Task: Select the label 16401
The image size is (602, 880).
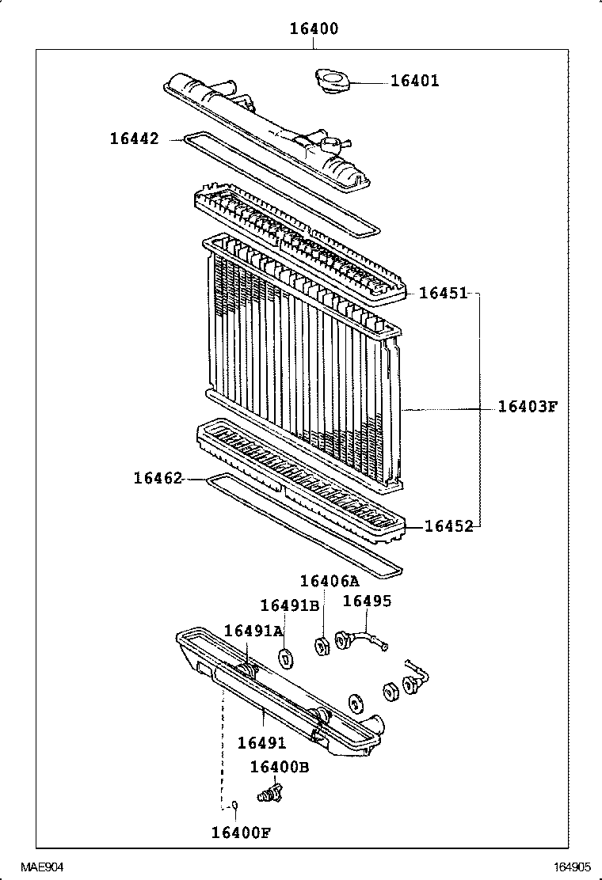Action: [414, 81]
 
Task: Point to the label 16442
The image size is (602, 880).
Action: [134, 138]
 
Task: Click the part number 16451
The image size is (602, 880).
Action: [443, 294]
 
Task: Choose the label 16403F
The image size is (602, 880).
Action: [528, 408]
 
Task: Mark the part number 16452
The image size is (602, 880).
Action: [448, 526]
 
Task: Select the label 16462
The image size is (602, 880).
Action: [158, 478]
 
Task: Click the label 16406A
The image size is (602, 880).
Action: [330, 582]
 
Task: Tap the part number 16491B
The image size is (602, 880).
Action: [289, 605]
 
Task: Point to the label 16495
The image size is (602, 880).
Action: [367, 601]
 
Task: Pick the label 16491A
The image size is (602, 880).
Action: [253, 631]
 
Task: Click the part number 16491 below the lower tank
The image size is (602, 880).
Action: [261, 743]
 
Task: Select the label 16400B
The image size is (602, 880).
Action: [279, 767]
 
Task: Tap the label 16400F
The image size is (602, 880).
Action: [241, 832]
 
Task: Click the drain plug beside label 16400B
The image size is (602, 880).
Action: [270, 792]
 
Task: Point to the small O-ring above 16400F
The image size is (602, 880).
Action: [234, 806]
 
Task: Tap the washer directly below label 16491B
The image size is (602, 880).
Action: [286, 657]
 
